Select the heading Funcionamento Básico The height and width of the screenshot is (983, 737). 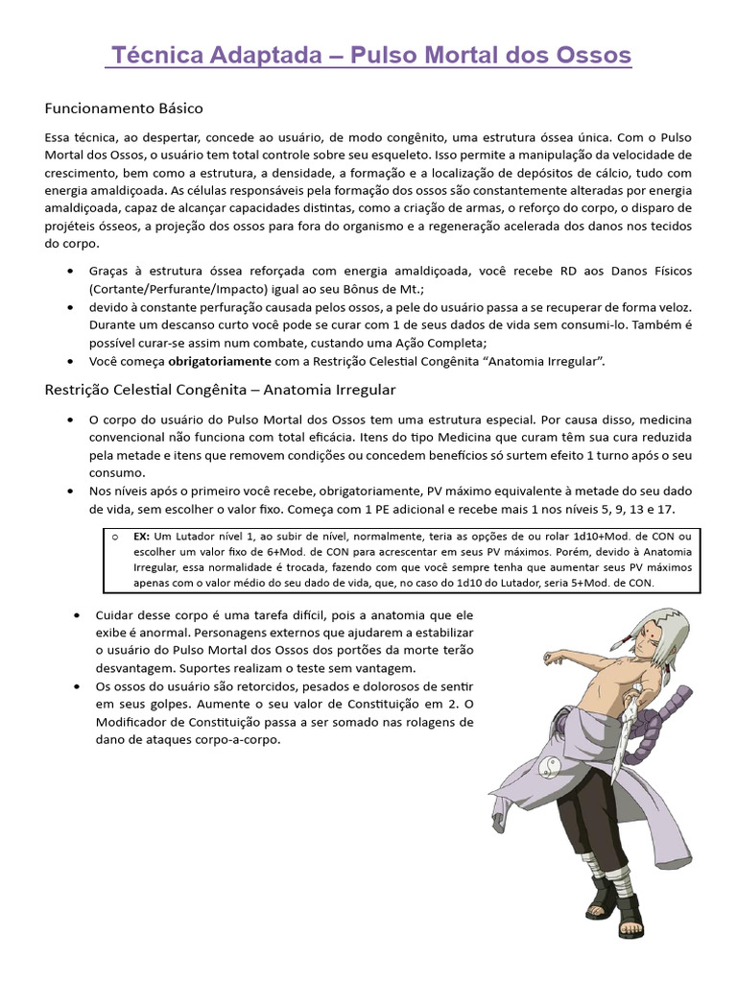click(x=124, y=108)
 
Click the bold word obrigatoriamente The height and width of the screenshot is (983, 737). click(x=221, y=361)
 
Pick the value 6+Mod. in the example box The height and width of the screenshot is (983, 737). click(x=285, y=552)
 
